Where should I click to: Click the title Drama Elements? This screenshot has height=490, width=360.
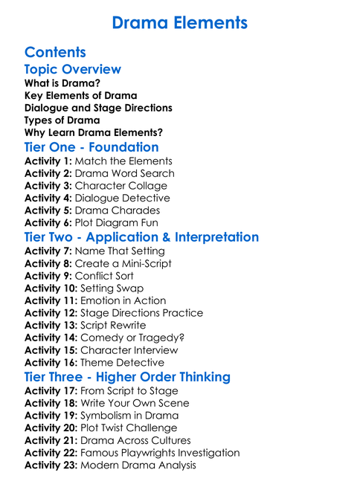tap(179, 23)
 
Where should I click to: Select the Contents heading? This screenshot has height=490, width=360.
tap(55, 52)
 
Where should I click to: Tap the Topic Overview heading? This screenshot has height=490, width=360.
tap(72, 69)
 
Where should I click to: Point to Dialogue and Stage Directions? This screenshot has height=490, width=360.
tap(98, 108)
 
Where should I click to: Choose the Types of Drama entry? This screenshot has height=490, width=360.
tap(62, 120)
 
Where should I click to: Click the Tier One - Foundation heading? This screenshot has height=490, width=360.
tap(91, 147)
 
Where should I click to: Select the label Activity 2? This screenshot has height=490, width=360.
tap(48, 173)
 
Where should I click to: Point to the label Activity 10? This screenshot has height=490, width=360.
tap(51, 288)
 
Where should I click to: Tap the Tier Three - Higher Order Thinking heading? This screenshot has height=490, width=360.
tap(127, 377)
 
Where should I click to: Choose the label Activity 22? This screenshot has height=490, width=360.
tap(51, 453)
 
